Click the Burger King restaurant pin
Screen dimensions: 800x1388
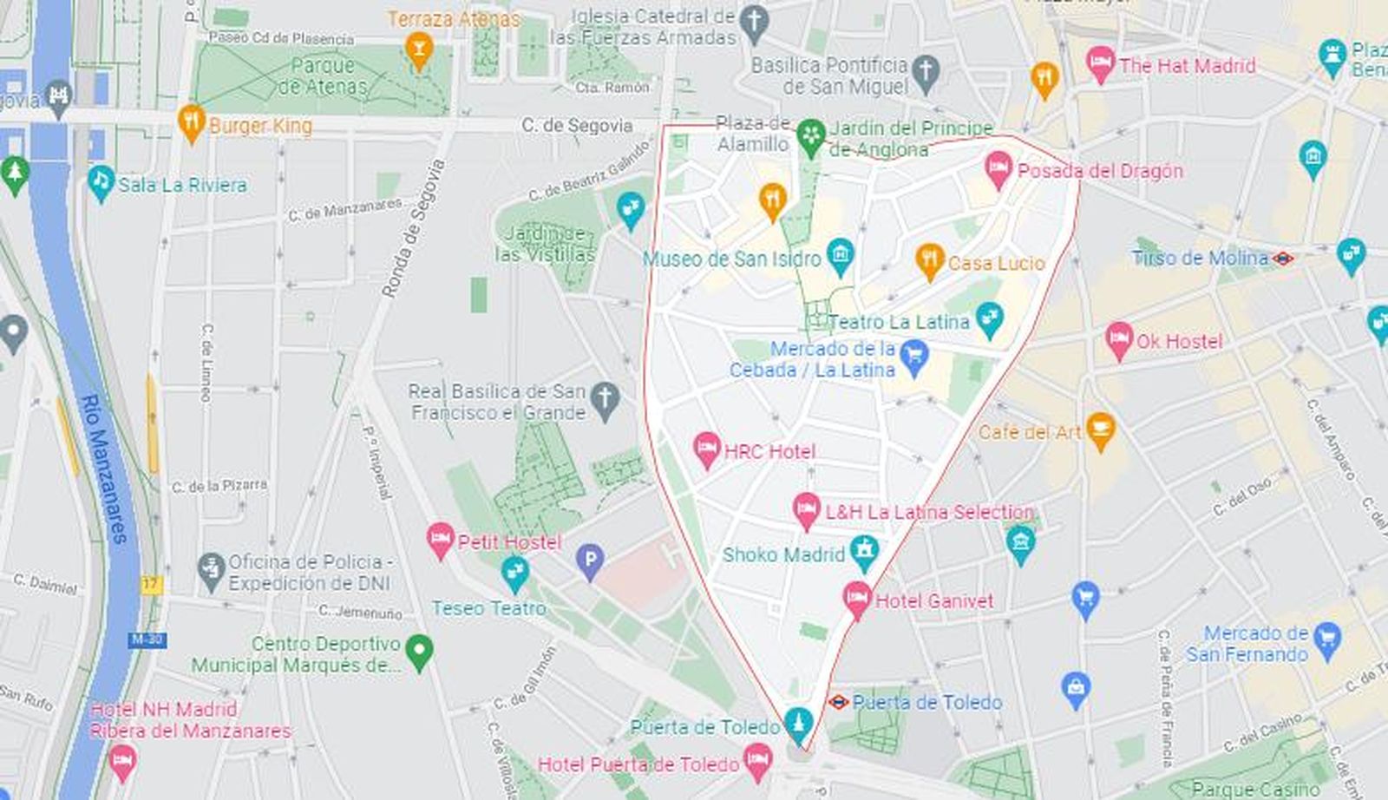point(192,121)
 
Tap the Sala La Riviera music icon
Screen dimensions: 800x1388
point(101,182)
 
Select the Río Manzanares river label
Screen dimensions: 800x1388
point(104,469)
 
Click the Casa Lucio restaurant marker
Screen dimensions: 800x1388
point(929,259)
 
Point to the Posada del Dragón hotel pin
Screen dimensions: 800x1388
point(998,167)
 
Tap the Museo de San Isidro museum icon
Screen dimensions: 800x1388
point(840,254)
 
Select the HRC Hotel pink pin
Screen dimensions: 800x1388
point(707,449)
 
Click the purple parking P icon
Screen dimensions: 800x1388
point(590,561)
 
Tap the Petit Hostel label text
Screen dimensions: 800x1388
point(509,542)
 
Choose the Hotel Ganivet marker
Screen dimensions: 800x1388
point(857,598)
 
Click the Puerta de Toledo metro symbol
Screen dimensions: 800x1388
point(838,701)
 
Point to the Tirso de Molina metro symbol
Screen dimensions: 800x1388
point(1283,258)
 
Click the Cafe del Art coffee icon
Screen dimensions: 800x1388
point(1100,430)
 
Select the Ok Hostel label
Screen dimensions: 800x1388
point(1179,341)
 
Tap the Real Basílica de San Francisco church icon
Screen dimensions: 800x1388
point(605,399)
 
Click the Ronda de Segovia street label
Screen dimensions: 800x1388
point(414,228)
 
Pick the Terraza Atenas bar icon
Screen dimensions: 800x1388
point(419,49)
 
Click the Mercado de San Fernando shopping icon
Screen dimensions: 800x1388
point(1326,639)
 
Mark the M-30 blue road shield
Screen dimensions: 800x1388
point(147,640)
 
